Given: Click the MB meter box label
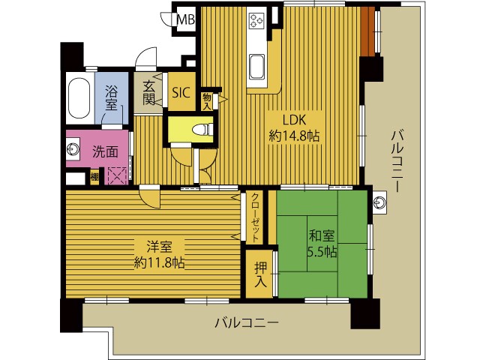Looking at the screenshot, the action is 186,20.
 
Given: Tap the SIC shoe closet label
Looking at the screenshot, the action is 181,92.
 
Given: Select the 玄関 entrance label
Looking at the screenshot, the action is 149,92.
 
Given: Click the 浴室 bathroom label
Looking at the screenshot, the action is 111,97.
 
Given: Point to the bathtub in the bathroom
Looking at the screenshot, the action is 79,98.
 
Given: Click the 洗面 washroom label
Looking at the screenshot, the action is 105,151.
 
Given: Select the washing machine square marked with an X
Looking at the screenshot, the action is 117,175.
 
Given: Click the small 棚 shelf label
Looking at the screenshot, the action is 94,177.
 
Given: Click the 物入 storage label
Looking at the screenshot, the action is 207,102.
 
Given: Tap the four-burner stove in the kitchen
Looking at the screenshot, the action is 256,21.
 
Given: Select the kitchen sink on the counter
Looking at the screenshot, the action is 256,67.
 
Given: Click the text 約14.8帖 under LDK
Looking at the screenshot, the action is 294,135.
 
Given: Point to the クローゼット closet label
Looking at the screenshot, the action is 255,217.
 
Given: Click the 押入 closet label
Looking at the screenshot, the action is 260,274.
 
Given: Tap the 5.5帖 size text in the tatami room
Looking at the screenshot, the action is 322,252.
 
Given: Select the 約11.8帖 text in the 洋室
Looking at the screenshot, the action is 160,263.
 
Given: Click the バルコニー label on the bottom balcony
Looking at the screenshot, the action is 247,322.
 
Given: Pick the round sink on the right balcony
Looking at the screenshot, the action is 380,202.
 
